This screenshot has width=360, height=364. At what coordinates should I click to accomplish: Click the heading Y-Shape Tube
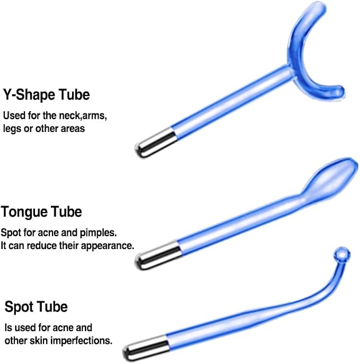tap(47, 95)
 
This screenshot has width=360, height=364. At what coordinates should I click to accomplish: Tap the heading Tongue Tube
tap(41, 212)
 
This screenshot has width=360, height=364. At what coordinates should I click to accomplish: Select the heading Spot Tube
tap(36, 307)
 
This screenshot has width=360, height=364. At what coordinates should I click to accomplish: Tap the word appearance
tap(108, 246)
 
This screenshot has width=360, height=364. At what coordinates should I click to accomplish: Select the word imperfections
tap(81, 341)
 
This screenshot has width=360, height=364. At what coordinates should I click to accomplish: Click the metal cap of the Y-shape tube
tap(155, 143)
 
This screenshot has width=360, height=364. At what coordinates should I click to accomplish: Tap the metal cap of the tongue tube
tap(157, 255)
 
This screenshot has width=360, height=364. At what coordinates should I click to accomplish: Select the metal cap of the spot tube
tap(146, 348)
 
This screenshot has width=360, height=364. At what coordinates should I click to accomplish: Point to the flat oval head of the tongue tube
tap(332, 179)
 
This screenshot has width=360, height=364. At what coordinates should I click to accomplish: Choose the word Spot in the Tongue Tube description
tap(11, 233)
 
